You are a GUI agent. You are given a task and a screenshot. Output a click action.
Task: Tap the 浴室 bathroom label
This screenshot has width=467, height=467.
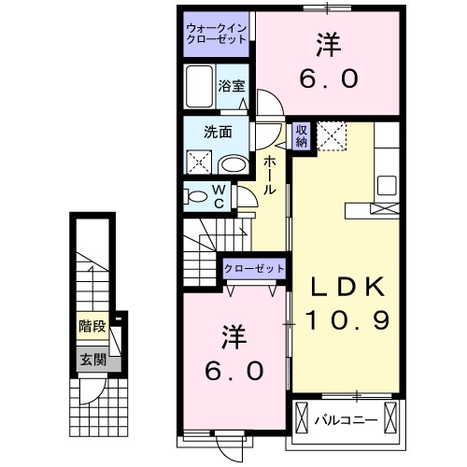pos(232,86)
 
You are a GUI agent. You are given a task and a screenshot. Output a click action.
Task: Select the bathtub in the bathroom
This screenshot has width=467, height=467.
pos(200,88)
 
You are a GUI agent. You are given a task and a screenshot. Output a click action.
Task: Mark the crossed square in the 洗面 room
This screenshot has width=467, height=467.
pos(199,163)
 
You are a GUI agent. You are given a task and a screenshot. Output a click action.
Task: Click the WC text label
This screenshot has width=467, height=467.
pos(218,196)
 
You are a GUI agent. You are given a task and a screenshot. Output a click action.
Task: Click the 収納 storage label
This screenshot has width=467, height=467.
pos(302,136)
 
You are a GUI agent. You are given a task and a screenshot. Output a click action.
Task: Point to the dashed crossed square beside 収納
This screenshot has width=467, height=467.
pos(332,136)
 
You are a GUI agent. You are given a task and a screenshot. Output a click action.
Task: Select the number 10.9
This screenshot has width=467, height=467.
pos(344,320)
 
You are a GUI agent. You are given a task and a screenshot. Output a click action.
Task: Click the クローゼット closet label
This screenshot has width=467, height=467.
pos(254,268)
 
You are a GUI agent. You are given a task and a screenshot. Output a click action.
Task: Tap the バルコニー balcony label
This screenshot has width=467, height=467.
pos(347,418)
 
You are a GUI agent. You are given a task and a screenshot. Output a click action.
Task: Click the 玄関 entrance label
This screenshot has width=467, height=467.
pos(92,359)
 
